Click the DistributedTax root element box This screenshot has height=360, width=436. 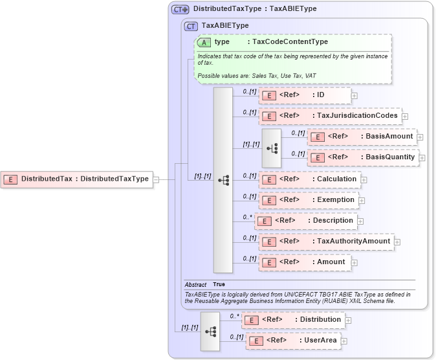click(x=77, y=179)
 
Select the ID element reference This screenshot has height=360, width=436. click(x=305, y=95)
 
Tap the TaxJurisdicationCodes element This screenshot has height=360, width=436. click(x=330, y=116)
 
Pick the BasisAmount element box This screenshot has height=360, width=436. click(x=362, y=137)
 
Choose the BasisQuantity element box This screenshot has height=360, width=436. click(x=363, y=157)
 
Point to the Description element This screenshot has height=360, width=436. click(x=306, y=220)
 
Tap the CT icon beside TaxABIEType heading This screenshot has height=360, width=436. click(x=191, y=26)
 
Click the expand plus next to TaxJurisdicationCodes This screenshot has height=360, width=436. click(x=405, y=117)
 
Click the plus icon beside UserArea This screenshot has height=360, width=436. click(x=344, y=341)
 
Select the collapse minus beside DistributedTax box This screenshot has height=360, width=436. click(x=156, y=179)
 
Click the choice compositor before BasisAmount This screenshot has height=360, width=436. click(x=272, y=148)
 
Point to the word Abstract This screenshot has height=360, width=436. click(x=195, y=284)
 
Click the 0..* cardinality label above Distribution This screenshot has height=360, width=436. click(x=234, y=316)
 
